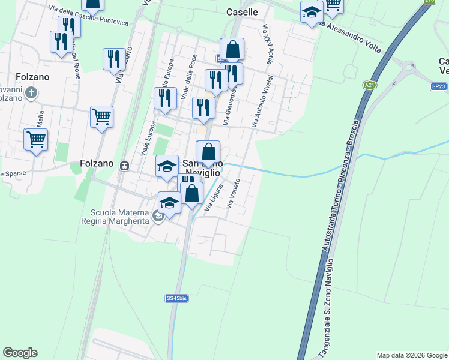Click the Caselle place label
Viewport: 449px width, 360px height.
click(243, 12)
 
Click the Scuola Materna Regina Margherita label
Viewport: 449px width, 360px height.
click(120, 216)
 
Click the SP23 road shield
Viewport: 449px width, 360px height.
click(439, 86)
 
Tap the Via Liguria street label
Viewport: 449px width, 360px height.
click(214, 197)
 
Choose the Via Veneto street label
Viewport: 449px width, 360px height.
click(234, 193)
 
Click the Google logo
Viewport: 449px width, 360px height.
click(20, 353)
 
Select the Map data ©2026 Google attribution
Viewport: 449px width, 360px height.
click(412, 355)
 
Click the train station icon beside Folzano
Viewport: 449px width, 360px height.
click(125, 166)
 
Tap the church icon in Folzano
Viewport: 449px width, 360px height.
click(32, 93)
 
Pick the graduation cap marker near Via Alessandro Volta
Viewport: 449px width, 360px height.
click(312, 12)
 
